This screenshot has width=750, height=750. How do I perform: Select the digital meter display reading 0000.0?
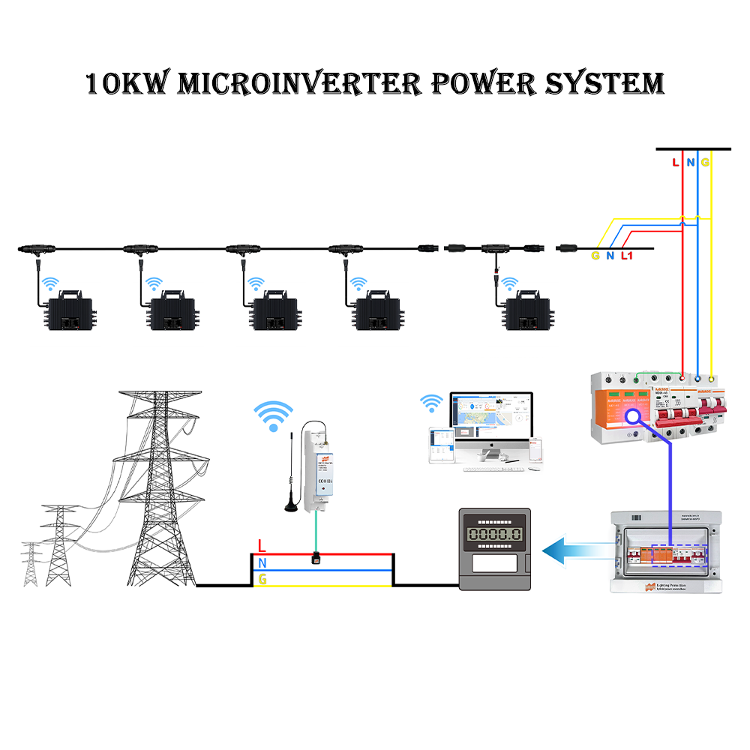(494, 535)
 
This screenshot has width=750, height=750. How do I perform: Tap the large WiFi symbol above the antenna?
(273, 414)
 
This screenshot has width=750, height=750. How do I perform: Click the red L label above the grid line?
(261, 545)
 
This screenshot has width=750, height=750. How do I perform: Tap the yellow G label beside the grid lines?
(262, 579)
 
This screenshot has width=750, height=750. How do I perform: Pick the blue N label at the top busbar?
(690, 162)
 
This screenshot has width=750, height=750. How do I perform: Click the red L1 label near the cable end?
(628, 256)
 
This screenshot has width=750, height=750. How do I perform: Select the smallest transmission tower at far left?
(30, 562)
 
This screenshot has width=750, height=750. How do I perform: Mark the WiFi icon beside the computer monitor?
(430, 403)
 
